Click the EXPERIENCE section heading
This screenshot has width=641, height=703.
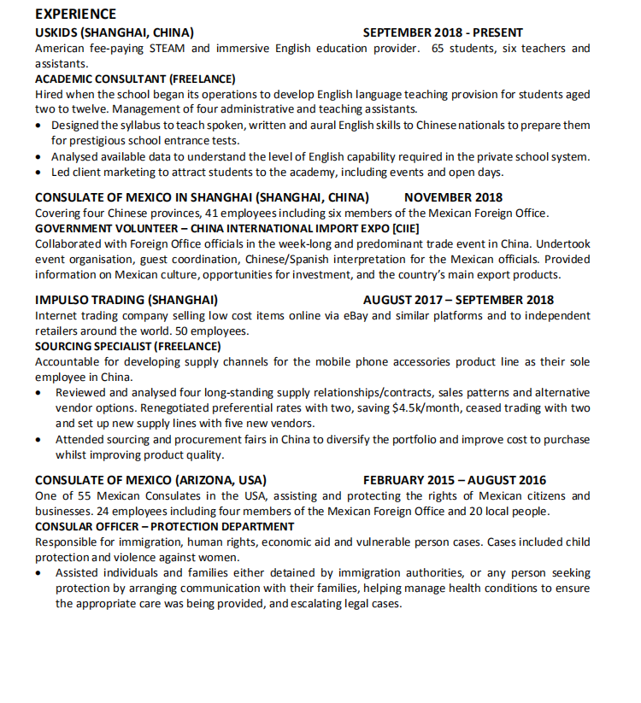tap(76, 15)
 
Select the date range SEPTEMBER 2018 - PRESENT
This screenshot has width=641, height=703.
tap(443, 32)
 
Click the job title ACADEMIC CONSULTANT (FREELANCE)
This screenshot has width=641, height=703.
tap(135, 79)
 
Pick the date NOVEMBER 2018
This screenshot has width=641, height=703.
tap(453, 197)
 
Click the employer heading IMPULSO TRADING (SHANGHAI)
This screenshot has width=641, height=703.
tap(126, 300)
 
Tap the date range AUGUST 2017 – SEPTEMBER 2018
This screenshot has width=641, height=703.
tap(458, 300)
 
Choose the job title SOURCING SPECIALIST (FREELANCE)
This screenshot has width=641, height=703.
tap(127, 346)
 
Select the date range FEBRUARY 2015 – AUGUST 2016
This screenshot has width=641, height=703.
tap(454, 480)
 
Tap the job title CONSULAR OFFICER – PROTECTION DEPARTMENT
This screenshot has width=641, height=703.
tap(164, 526)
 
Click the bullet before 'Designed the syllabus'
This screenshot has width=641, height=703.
tap(40, 126)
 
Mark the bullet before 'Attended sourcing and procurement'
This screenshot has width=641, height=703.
tap(40, 440)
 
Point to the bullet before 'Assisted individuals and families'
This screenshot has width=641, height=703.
tap(40, 573)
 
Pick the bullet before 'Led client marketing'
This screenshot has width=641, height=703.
tap(40, 173)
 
